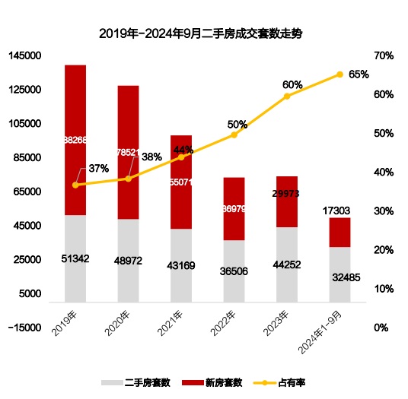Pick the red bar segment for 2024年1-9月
tap(340, 233)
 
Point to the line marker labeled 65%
tap(340, 74)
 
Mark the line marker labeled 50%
tap(234, 135)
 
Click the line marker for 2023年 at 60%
tap(287, 97)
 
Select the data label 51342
tap(75, 259)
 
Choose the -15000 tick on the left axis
tap(25, 328)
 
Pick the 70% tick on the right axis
tap(383, 55)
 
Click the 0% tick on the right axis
tap(381, 328)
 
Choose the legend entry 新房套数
tap(217, 382)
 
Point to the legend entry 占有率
tap(285, 382)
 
